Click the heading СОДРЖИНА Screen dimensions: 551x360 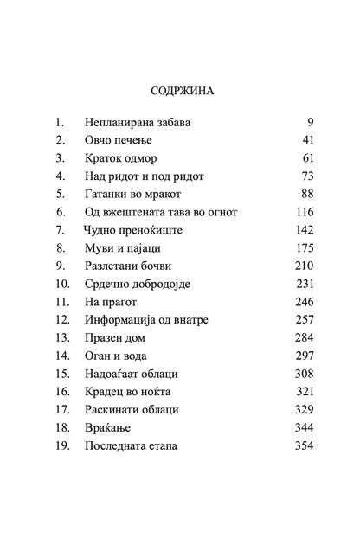tap(180, 89)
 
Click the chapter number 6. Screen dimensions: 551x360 tap(61, 212)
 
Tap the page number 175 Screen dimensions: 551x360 tap(300, 248)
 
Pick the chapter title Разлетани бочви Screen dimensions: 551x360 tap(132, 266)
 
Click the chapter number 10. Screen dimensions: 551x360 tap(62, 284)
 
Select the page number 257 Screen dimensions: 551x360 tap(300, 320)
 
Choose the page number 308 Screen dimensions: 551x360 tap(300, 374)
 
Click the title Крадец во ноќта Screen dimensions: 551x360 tap(132, 392)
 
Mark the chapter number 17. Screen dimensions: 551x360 tap(62, 410)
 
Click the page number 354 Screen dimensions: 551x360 tap(300, 445)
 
